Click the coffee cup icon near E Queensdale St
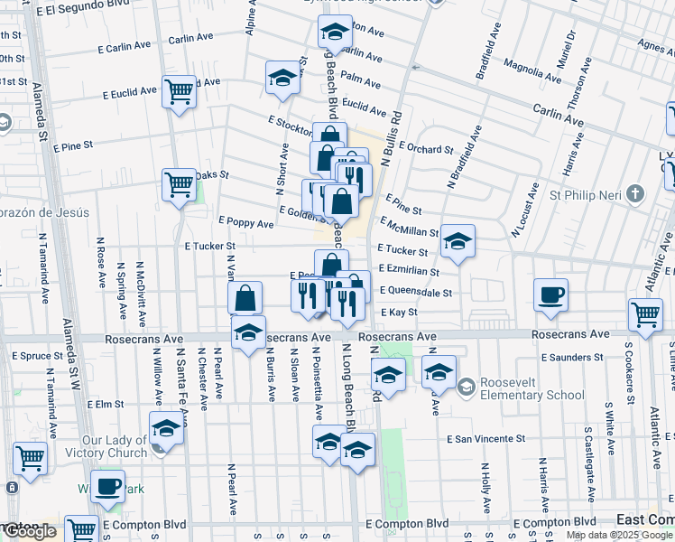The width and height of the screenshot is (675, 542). pos(550,294)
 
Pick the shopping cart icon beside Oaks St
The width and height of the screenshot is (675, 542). pos(180,184)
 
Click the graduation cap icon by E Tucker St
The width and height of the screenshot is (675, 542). pos(458,240)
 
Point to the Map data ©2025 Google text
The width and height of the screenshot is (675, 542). pos(620,535)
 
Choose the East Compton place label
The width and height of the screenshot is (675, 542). pos(643,519)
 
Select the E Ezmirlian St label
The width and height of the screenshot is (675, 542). pos(409,270)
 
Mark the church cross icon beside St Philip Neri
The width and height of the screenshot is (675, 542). pos(636,193)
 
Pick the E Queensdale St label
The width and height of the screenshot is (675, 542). pos(416,291)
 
